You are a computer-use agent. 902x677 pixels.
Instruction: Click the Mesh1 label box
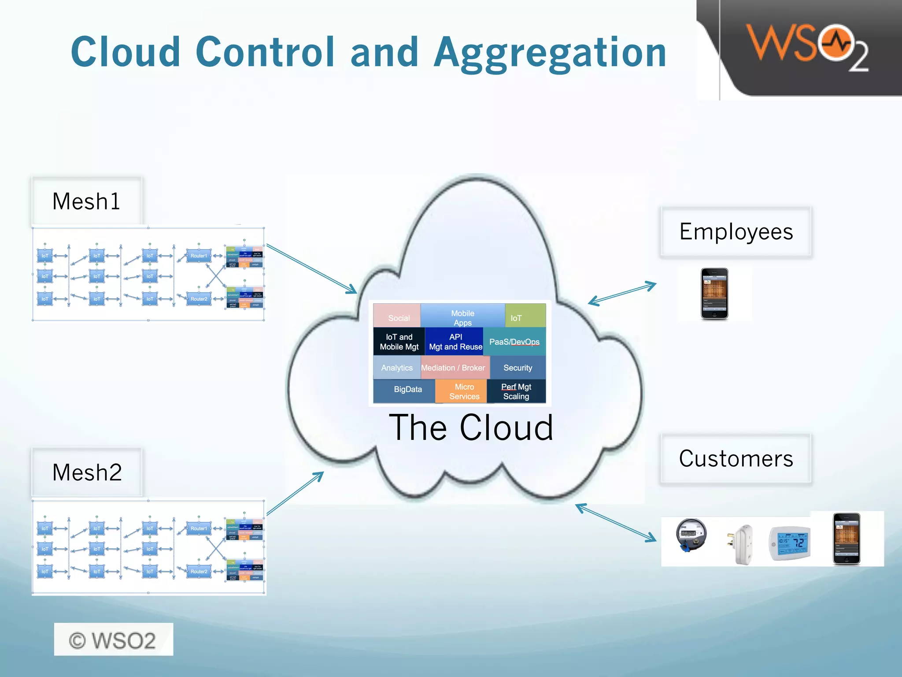pos(86,201)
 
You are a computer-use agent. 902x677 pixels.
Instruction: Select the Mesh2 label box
pos(87,472)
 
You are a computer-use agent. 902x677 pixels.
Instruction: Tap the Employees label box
pos(736,232)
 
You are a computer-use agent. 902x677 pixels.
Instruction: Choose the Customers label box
pos(736,459)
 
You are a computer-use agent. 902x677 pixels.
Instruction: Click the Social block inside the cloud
pos(397,316)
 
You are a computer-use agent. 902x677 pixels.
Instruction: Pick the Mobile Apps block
pos(462,316)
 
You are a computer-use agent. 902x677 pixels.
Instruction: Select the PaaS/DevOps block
pos(514,342)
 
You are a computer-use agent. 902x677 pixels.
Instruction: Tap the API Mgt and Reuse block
pos(455,342)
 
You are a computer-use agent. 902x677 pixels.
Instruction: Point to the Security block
pos(518,368)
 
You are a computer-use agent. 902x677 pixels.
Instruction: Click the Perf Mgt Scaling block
pos(516,391)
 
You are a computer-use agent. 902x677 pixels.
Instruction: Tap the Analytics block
pos(397,368)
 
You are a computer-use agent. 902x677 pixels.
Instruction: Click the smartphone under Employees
pos(714,294)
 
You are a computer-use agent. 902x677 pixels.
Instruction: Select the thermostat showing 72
pos(790,543)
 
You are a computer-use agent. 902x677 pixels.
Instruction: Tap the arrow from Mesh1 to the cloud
pos(311,269)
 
